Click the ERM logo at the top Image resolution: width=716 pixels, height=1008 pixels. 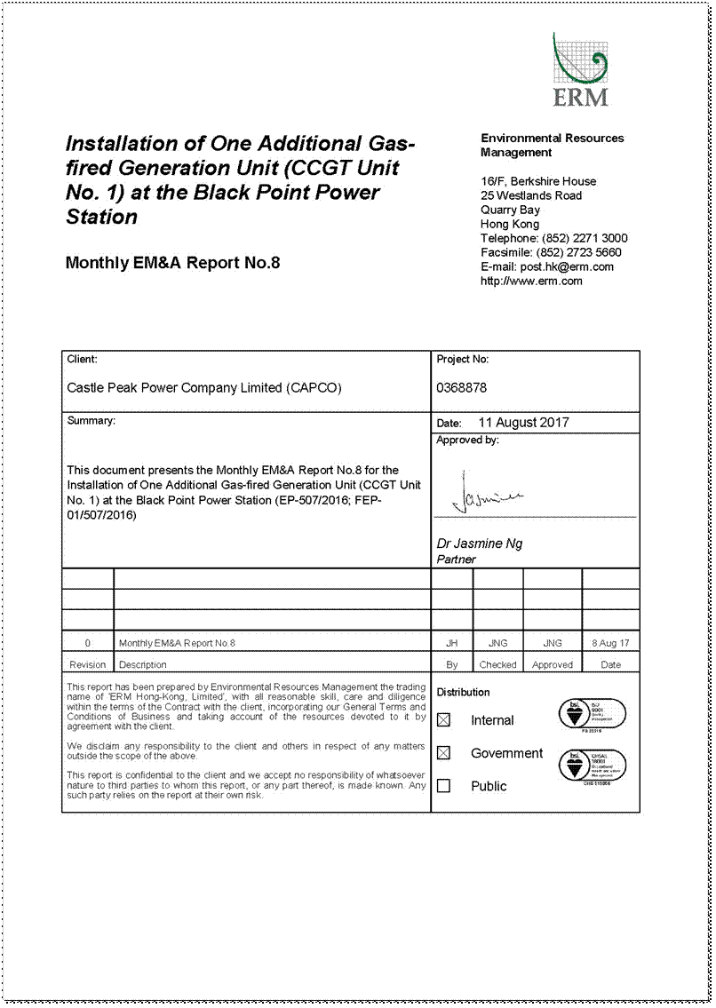point(580,70)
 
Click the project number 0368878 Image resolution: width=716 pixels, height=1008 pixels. point(461,388)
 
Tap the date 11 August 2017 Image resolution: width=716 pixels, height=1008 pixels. point(523,423)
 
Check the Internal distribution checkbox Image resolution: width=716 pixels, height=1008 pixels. point(444,720)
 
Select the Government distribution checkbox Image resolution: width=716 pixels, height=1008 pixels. point(444,753)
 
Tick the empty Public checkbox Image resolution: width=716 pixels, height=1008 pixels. point(444,786)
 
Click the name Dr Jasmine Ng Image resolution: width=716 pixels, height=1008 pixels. point(479,544)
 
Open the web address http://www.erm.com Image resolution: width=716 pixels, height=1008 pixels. point(531,281)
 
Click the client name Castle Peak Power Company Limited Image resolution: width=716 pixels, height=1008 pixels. point(204,388)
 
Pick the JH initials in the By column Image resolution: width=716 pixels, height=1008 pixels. point(451,642)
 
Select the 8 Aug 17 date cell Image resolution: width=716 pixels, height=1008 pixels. point(610,642)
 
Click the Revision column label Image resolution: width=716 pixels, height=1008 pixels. point(87,664)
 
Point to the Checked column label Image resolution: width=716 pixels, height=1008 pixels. point(497,664)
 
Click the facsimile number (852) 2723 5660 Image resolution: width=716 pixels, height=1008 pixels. point(581,252)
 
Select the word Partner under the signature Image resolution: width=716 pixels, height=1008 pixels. point(456,560)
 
